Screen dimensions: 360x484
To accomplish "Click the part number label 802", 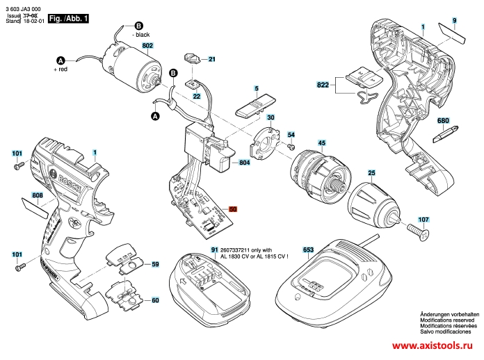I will pyautogui.click(x=147, y=46).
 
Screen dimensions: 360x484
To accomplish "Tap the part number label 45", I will pyautogui.click(x=322, y=143).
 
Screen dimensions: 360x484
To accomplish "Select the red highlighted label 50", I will pyautogui.click(x=233, y=208).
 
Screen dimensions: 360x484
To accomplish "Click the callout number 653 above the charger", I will pyautogui.click(x=308, y=249).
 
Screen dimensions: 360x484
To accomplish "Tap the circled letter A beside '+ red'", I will pyautogui.click(x=60, y=60).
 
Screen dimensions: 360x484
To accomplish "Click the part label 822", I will pyautogui.click(x=322, y=85).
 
